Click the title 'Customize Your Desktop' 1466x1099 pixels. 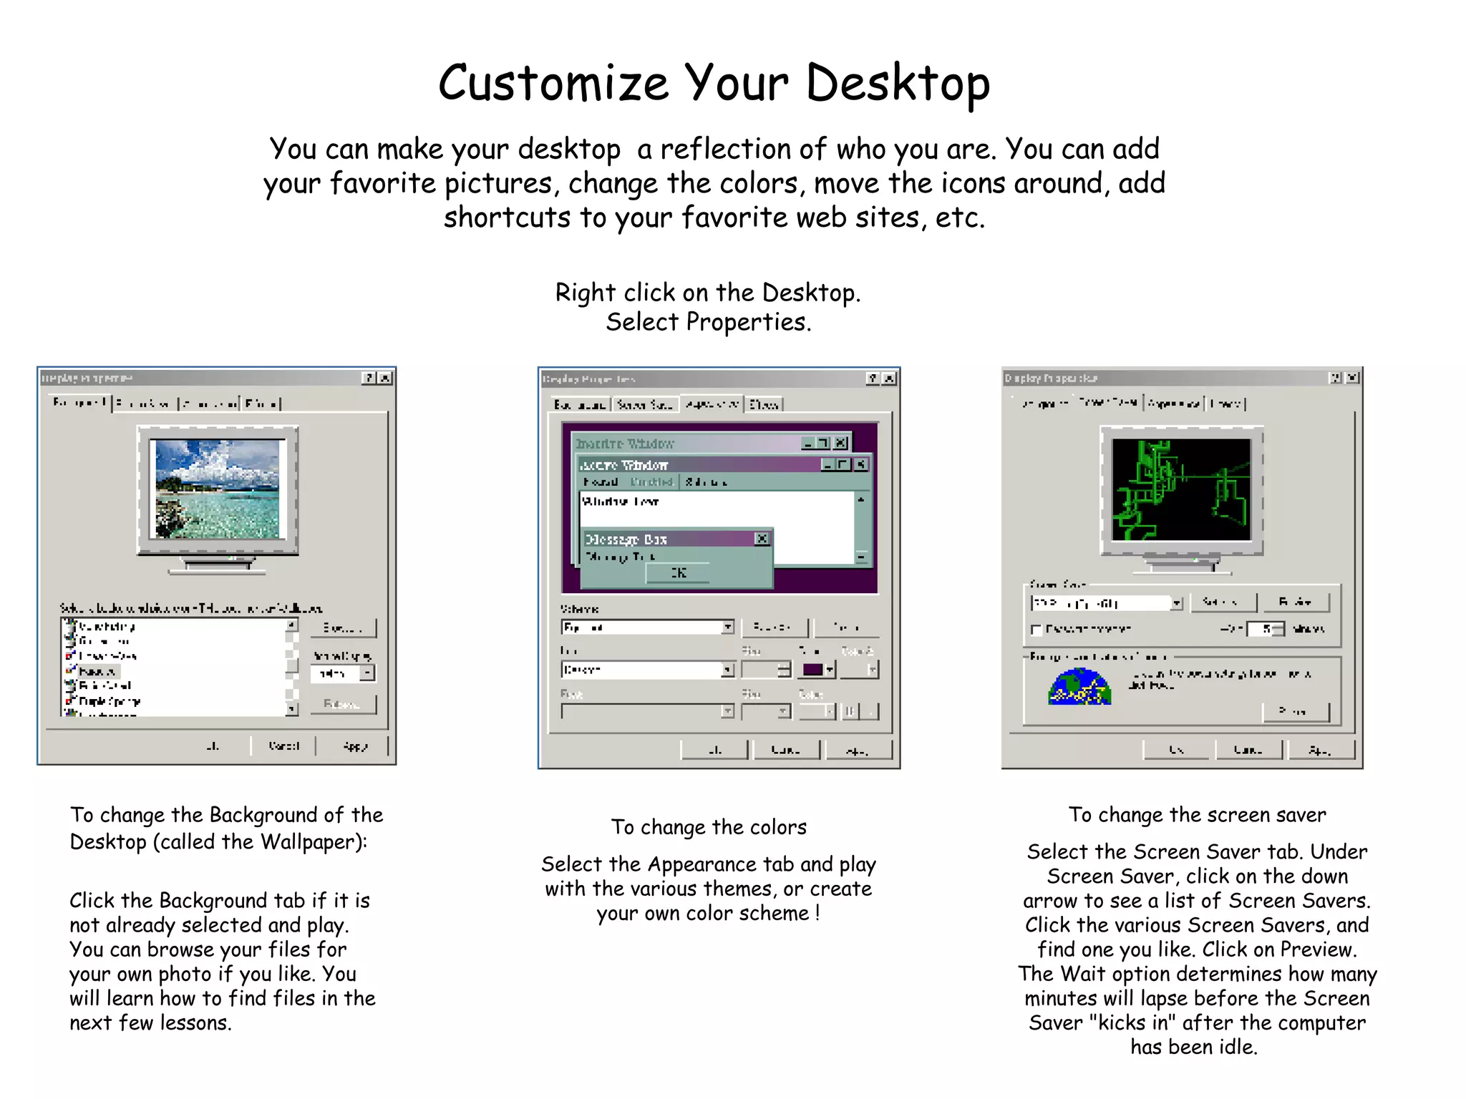(714, 83)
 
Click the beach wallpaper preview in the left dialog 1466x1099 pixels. (218, 489)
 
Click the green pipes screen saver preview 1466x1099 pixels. (1181, 489)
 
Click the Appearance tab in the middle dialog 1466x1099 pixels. (712, 404)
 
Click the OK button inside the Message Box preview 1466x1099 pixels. (678, 572)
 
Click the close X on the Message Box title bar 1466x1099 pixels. (762, 539)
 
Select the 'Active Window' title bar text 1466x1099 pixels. (623, 465)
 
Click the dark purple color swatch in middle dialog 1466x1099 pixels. (812, 670)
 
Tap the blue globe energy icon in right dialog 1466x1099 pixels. (1079, 687)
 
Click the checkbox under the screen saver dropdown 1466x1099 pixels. (1036, 630)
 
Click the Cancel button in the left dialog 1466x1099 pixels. (283, 746)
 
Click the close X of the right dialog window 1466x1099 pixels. (1351, 377)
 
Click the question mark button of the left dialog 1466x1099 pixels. (369, 378)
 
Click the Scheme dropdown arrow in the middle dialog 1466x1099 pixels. (727, 627)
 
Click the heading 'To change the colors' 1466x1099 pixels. (709, 827)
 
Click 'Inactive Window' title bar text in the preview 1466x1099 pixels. (625, 444)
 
